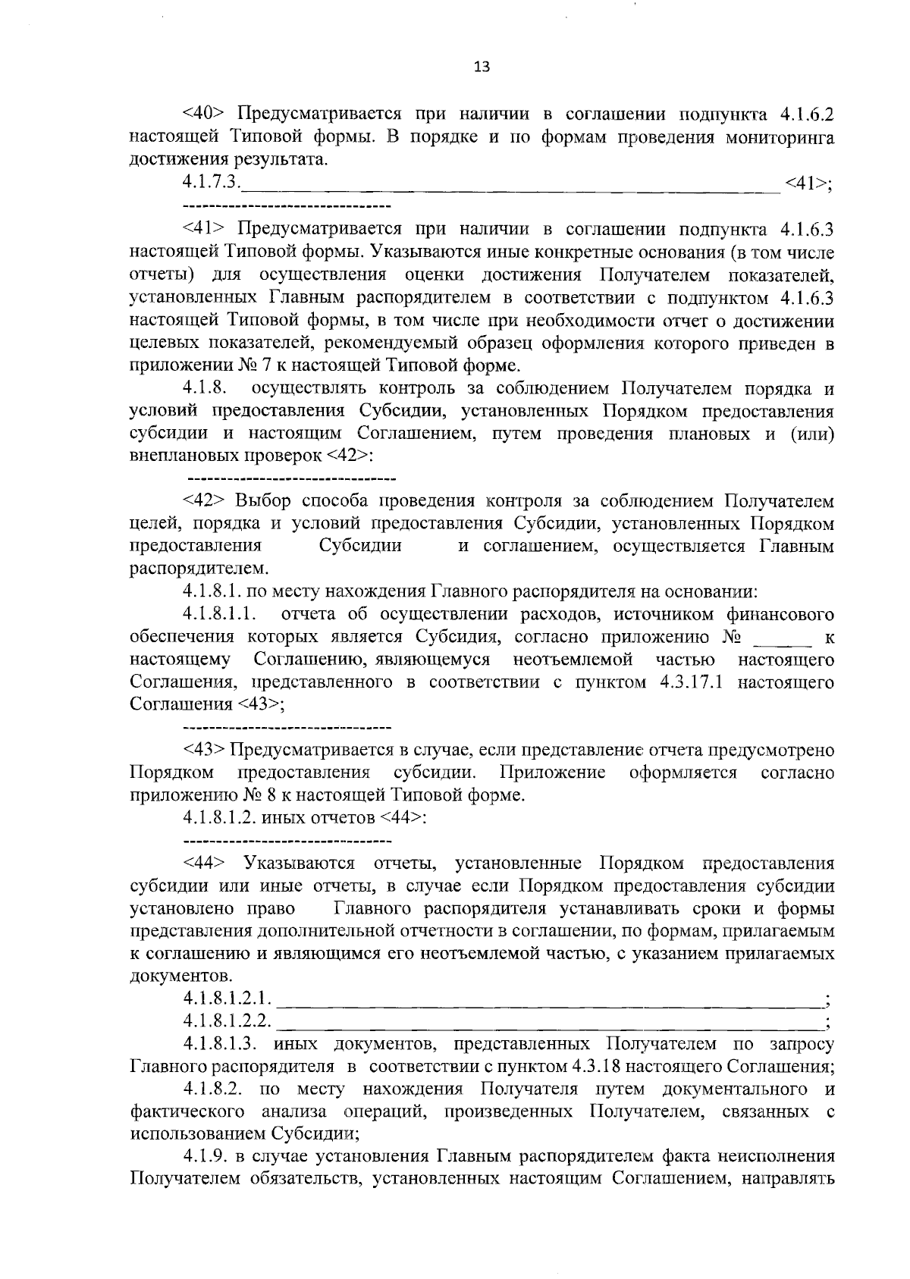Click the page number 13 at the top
481,67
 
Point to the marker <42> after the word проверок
350,456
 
